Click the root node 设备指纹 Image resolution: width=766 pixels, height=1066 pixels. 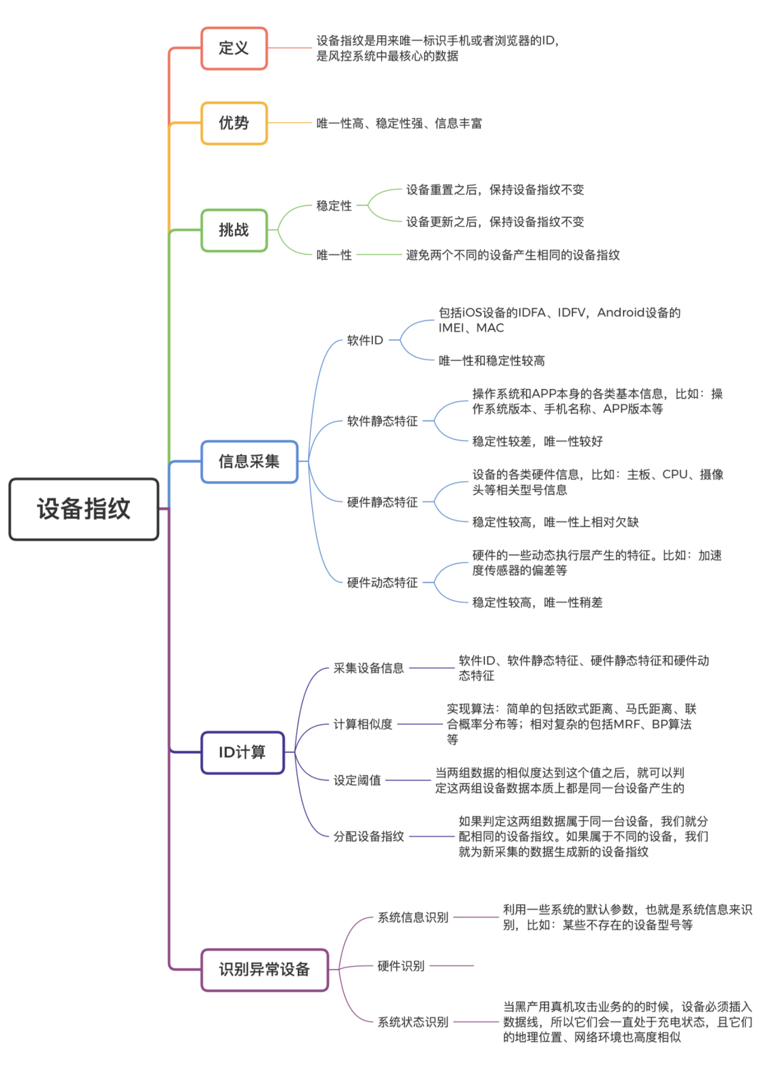(84, 509)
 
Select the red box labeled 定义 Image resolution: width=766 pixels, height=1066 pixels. (233, 48)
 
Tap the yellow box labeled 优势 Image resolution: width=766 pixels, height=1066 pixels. (233, 123)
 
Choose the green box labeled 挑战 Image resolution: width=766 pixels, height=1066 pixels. (233, 230)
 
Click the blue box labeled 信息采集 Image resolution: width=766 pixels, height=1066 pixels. (249, 462)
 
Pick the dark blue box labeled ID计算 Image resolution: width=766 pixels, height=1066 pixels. (242, 753)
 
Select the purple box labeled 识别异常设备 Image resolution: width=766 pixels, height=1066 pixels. (264, 970)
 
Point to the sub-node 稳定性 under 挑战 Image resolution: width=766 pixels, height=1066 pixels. (334, 205)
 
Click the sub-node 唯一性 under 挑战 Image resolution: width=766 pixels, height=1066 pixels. (334, 255)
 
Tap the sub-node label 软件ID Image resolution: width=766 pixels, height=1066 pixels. (365, 341)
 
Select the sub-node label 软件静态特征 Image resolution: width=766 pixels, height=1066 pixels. (382, 421)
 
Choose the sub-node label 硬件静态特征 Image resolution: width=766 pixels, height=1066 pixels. (382, 502)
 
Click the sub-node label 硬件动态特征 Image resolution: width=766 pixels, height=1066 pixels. (382, 582)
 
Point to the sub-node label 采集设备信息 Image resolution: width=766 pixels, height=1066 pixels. (369, 668)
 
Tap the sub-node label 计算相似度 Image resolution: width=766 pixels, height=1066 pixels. (363, 724)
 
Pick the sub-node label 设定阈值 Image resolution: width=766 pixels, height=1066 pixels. (357, 780)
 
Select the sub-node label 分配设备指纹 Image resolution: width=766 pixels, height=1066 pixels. (369, 836)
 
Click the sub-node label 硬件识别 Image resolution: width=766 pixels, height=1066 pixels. (401, 966)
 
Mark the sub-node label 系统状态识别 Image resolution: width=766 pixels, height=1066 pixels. (413, 1022)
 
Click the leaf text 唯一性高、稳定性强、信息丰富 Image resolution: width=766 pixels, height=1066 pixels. (399, 123)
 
